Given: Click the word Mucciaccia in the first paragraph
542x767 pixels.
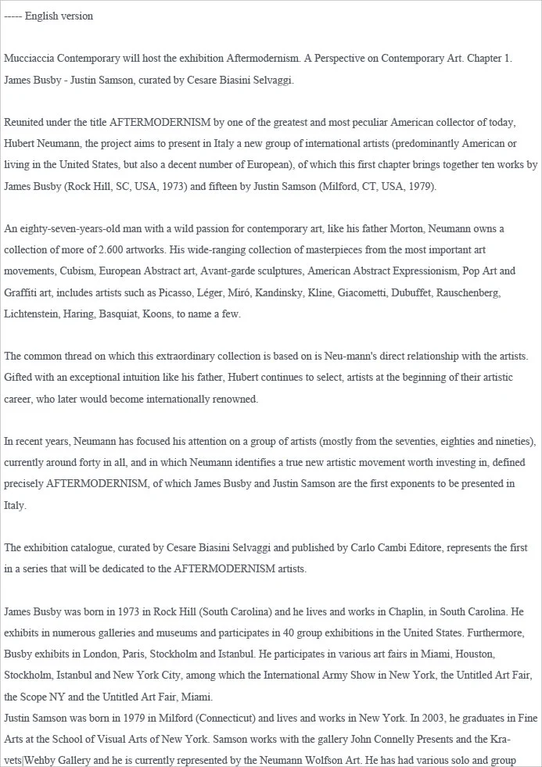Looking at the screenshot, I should (31, 59).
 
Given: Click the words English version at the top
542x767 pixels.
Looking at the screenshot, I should (59, 16).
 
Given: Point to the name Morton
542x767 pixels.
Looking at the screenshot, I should (368, 229).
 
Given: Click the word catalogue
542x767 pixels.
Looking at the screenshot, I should (84, 547).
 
